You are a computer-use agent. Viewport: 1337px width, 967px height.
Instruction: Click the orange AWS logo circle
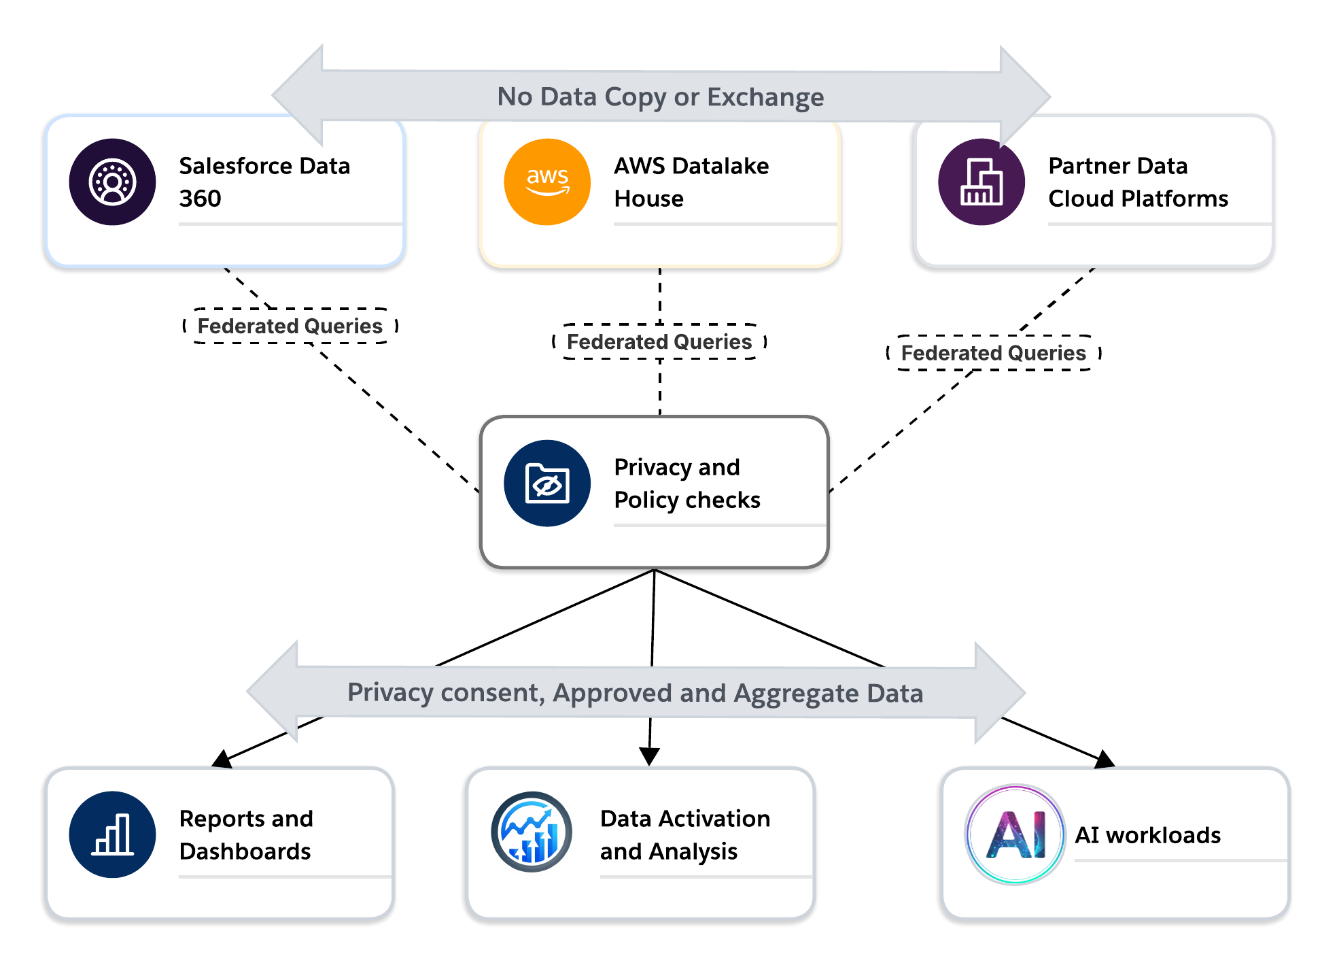pos(547,182)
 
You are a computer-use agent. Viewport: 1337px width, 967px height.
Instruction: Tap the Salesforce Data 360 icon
pos(112,182)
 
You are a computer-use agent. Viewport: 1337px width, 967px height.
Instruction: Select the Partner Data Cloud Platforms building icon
pos(981,182)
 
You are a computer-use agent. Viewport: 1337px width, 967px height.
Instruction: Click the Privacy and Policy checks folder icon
pos(547,483)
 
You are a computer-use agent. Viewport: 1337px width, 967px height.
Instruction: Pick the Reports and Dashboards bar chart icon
pos(112,834)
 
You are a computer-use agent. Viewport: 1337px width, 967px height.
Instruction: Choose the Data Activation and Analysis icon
pos(532,832)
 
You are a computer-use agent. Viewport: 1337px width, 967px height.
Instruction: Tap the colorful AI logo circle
pos(1015,834)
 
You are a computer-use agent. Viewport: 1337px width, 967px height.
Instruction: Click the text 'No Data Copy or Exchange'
pos(660,97)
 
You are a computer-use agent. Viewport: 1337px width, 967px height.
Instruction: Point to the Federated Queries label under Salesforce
pos(290,326)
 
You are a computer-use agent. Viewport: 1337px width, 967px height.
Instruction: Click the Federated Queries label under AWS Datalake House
pos(659,342)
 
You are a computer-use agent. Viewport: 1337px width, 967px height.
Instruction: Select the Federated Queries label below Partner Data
pos(993,353)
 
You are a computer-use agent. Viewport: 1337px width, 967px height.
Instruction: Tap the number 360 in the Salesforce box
pos(200,199)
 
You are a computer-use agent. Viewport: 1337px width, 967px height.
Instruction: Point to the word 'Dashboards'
pos(245,851)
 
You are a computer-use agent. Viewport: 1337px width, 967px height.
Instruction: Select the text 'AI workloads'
pos(1147,835)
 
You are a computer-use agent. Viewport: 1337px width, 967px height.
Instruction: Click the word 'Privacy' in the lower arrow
pos(390,693)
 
